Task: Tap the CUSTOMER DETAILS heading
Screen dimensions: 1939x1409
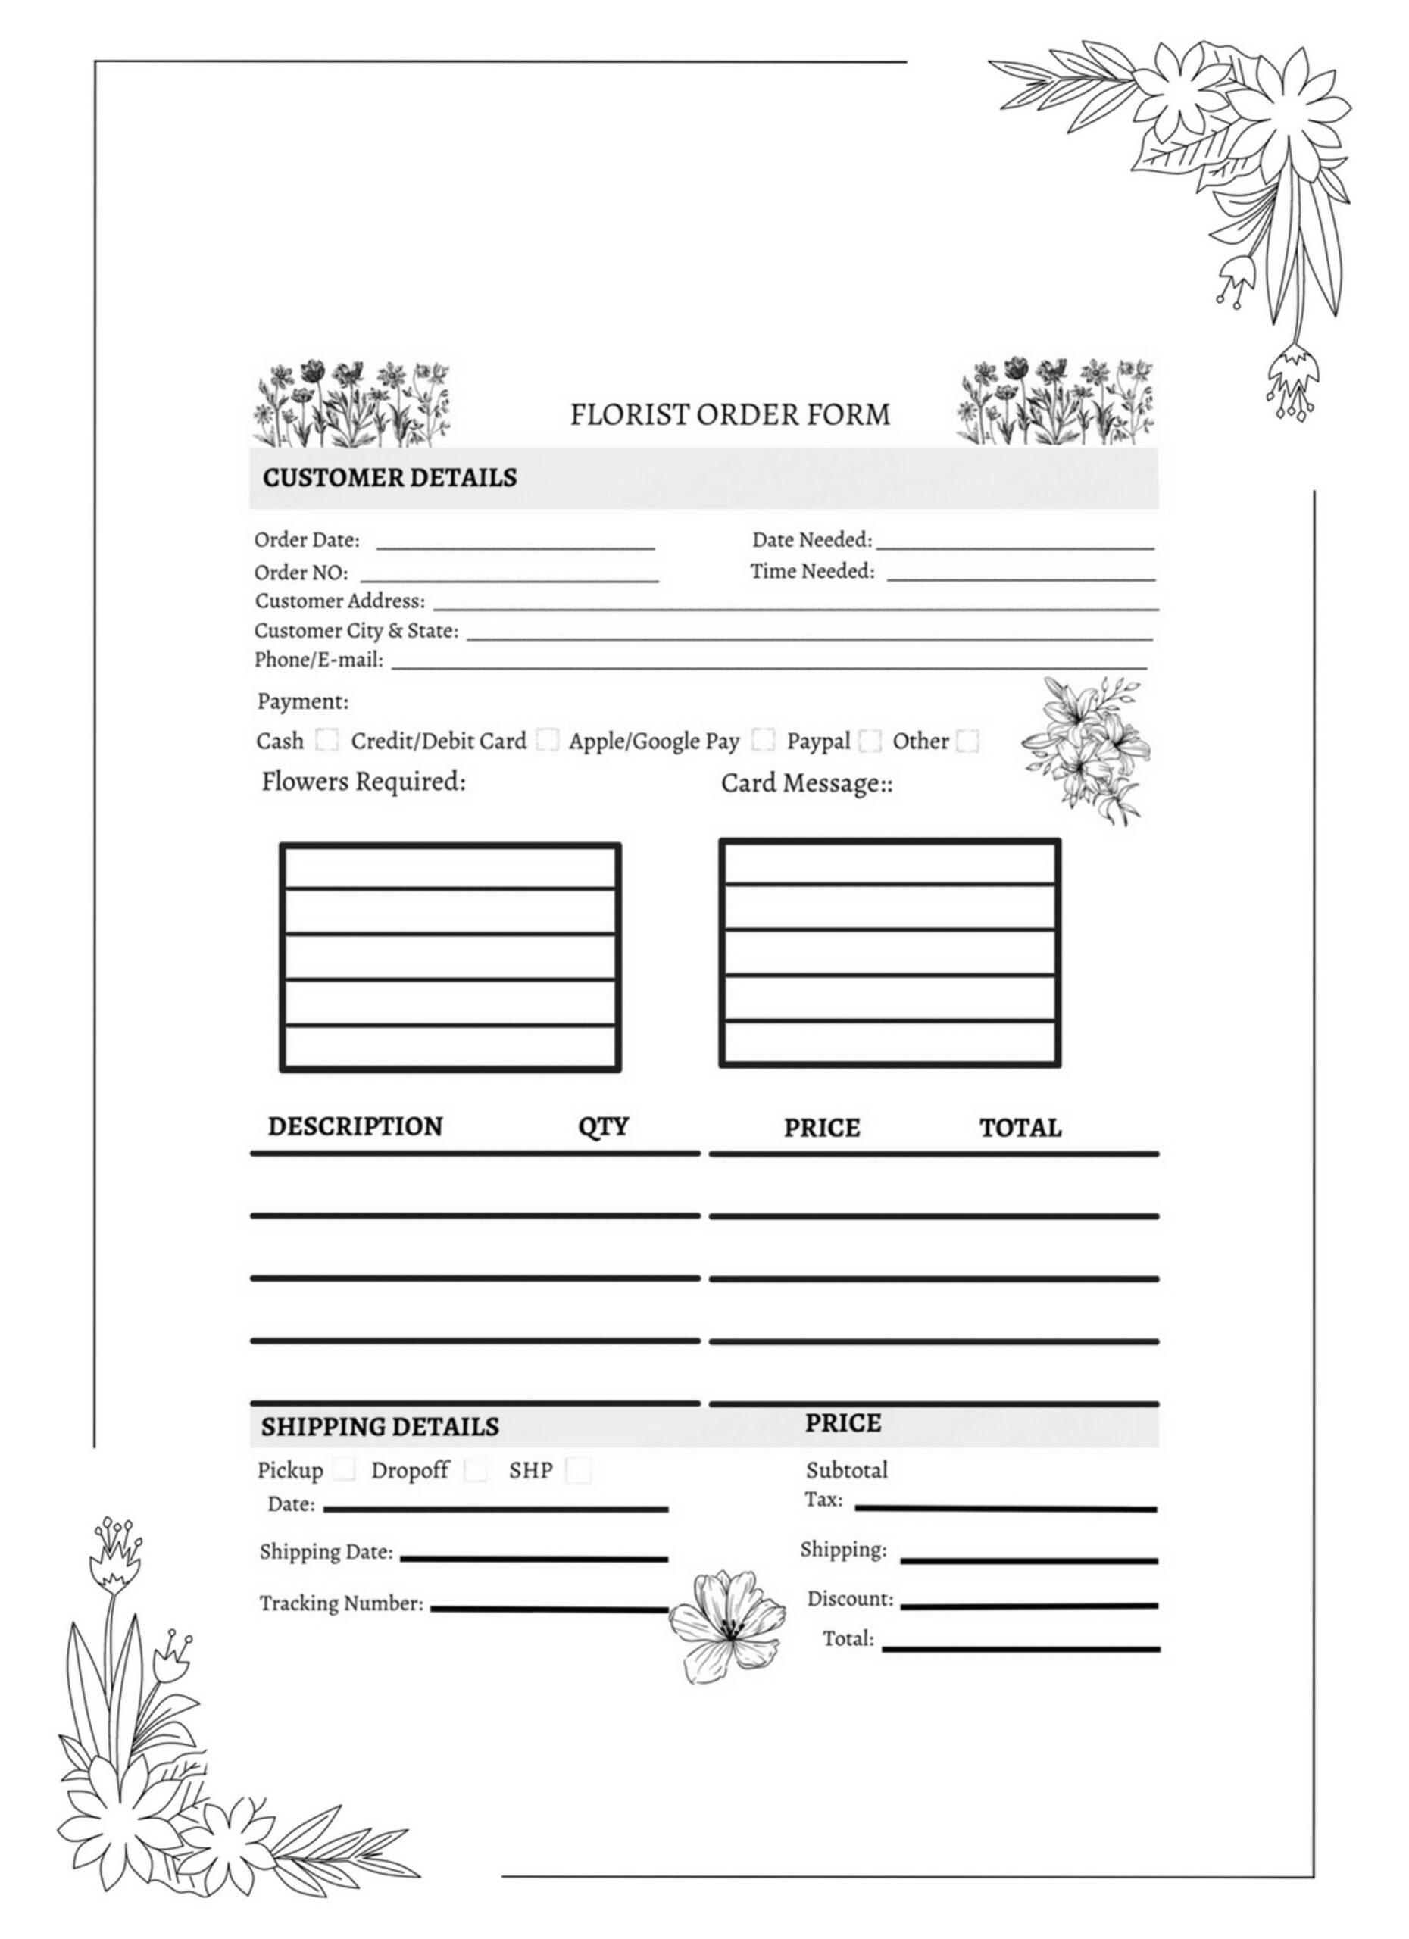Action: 389,477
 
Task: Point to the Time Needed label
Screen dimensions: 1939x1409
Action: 812,571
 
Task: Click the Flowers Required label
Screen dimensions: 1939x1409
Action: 364,782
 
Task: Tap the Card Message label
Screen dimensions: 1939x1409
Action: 806,783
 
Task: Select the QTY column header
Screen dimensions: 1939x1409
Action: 603,1126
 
